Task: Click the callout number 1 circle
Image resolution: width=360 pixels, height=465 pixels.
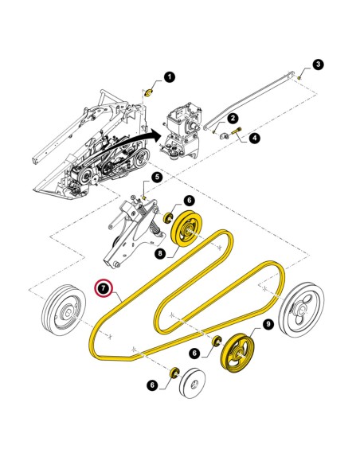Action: [x=170, y=77]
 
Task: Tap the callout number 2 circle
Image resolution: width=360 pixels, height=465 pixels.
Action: [x=233, y=118]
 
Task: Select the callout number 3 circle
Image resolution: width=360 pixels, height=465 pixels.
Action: [x=318, y=64]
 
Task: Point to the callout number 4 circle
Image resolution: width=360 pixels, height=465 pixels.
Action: [x=254, y=138]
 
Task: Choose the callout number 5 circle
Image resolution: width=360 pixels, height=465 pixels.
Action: [x=157, y=178]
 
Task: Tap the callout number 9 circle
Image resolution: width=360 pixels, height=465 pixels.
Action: [x=268, y=324]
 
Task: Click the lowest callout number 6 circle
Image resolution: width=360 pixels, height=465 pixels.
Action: [x=152, y=385]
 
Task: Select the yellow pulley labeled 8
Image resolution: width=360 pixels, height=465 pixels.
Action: [x=187, y=229]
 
